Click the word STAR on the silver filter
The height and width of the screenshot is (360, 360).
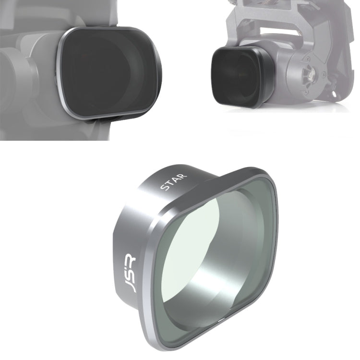174,184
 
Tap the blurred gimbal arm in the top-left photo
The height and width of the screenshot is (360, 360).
19,72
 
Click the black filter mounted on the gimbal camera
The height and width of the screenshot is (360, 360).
235,77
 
